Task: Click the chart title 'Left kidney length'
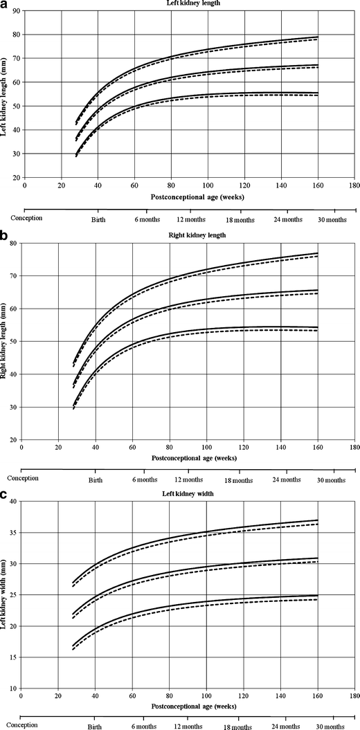point(188,4)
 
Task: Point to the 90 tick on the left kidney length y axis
point(16,11)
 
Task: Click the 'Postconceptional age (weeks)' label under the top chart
point(189,196)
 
